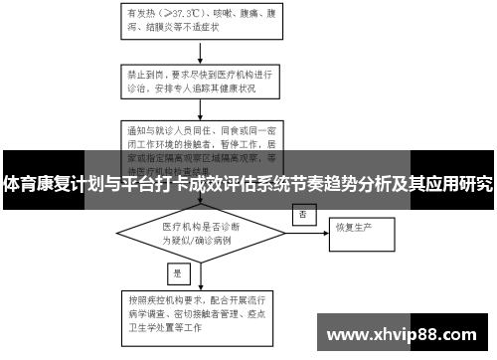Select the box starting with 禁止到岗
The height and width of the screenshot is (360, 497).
pos(205,80)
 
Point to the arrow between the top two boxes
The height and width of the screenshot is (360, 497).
pos(203,50)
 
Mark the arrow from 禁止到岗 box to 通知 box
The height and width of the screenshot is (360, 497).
pos(203,108)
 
